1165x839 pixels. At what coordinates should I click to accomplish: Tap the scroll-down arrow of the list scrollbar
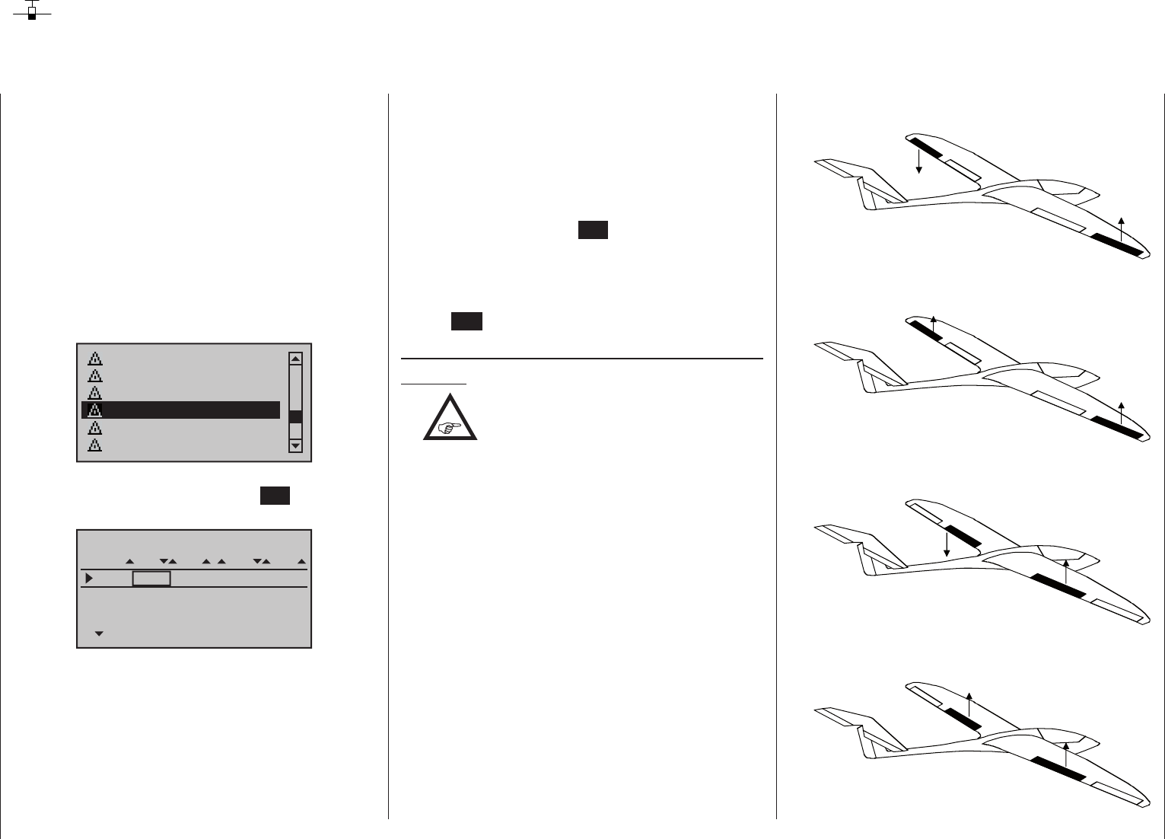pos(296,445)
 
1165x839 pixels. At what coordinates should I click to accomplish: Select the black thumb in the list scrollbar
pos(296,416)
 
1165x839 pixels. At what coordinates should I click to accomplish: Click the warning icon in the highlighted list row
pos(95,410)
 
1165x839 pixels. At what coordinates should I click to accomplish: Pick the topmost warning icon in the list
pos(95,358)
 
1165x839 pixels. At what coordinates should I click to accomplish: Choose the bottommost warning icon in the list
pos(95,445)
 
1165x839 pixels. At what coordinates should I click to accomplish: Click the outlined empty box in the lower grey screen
pos(151,579)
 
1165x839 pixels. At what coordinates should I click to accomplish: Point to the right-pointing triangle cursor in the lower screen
pos(89,579)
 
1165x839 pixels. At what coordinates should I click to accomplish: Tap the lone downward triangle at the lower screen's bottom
pos(98,633)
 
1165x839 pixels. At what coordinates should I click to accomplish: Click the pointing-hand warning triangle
pos(450,419)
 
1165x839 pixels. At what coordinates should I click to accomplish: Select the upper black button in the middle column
pos(593,231)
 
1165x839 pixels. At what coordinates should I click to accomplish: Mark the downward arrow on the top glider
pos(919,162)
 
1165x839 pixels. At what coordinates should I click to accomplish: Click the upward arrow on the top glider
pos(1121,228)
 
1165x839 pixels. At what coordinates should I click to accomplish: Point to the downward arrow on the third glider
pos(946,544)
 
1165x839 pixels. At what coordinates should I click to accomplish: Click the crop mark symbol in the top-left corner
pos(32,11)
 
